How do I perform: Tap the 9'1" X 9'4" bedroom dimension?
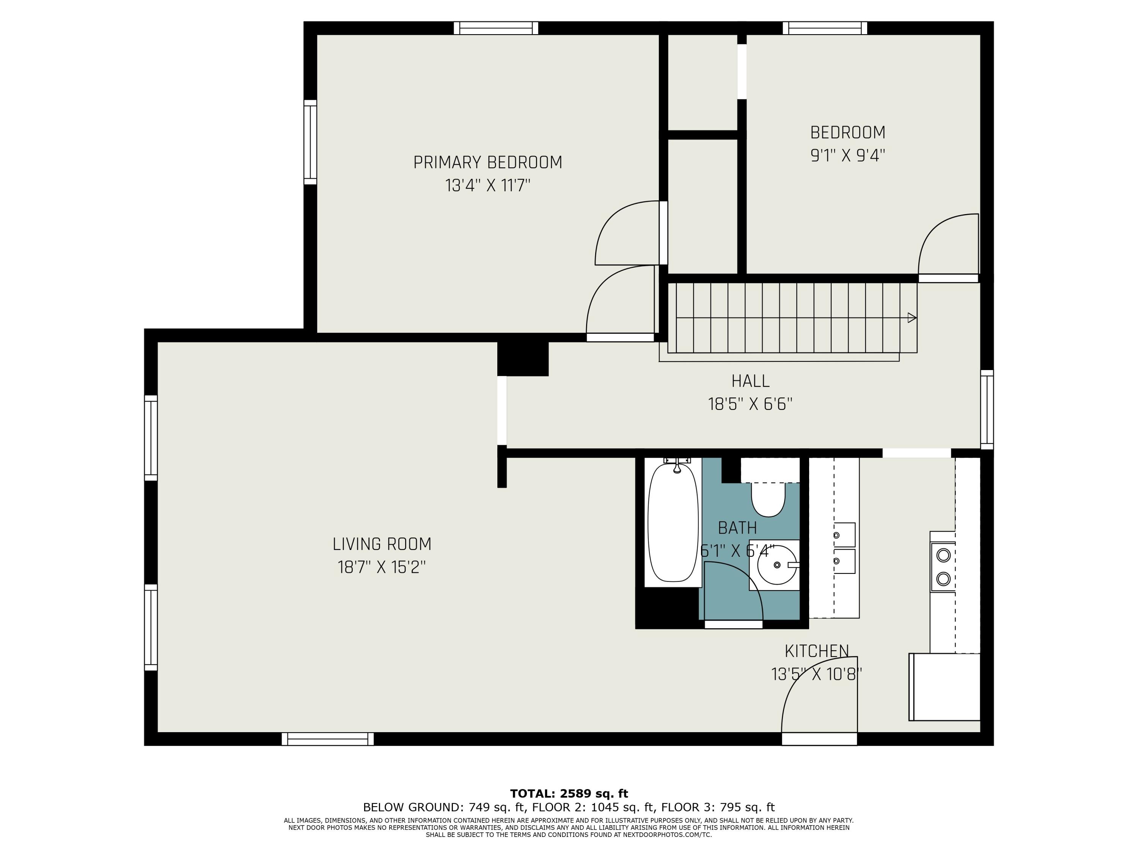pos(847,156)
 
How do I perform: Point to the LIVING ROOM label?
pos(382,544)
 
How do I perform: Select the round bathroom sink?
pos(777,565)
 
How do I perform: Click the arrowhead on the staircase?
pos(912,318)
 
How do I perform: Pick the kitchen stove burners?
pos(943,567)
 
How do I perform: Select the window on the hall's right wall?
pos(987,410)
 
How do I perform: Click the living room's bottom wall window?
pos(328,739)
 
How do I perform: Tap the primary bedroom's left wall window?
pos(310,142)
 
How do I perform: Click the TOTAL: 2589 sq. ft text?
pos(569,793)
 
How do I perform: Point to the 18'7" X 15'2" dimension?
pos(382,567)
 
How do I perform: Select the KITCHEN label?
pos(816,651)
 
